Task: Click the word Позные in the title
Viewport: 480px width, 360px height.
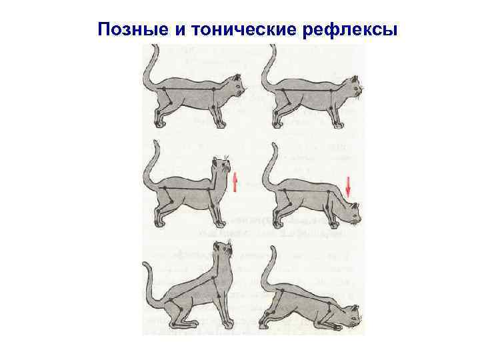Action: [x=133, y=30]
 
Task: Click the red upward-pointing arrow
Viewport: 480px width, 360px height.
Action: [x=235, y=182]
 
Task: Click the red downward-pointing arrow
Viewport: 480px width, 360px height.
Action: [x=348, y=186]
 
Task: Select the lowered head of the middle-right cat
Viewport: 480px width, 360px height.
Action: [x=351, y=213]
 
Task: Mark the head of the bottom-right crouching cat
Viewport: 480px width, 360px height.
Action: [x=352, y=316]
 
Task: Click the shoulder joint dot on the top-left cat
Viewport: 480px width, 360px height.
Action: [x=213, y=89]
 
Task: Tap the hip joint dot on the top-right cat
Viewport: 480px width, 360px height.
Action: [x=283, y=90]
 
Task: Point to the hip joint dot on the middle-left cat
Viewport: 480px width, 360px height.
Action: [x=165, y=188]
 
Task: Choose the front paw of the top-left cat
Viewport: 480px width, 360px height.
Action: [x=221, y=125]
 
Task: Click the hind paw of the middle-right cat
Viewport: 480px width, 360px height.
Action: [x=279, y=225]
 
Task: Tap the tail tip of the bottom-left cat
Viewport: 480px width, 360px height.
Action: [x=144, y=264]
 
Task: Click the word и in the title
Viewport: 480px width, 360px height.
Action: [x=180, y=30]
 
